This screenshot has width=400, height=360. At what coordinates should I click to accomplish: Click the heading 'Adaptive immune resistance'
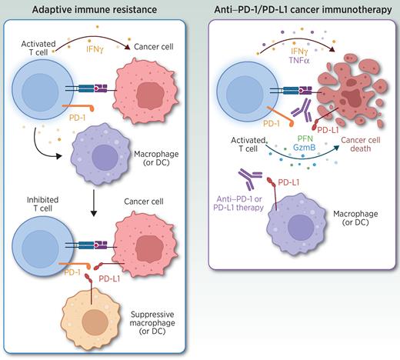100,9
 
